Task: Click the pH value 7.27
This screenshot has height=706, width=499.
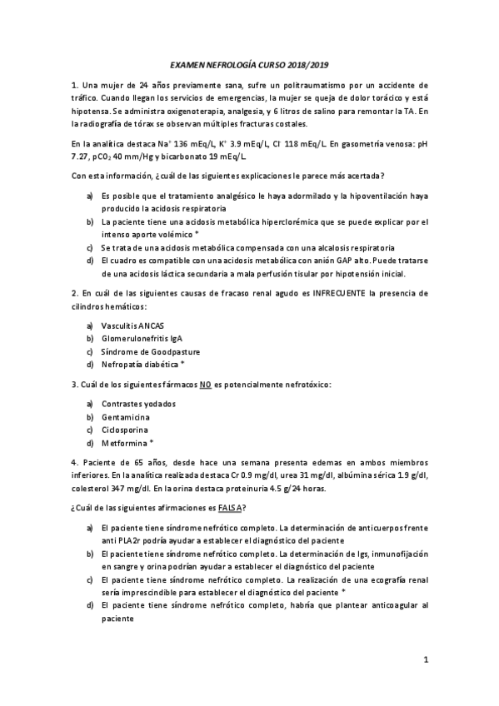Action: [x=79, y=157]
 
